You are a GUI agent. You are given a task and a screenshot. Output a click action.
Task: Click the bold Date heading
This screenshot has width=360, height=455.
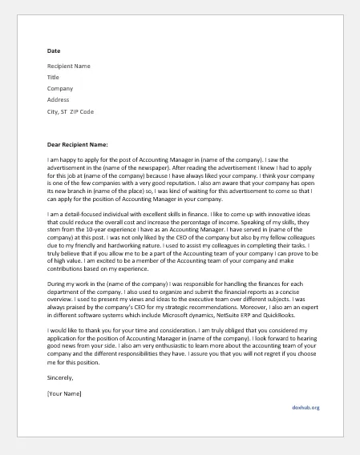click(x=54, y=50)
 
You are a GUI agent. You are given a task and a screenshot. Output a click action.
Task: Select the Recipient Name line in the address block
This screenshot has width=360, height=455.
click(x=68, y=66)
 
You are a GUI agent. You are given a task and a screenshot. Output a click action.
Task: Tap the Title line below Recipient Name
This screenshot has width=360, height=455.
click(x=53, y=77)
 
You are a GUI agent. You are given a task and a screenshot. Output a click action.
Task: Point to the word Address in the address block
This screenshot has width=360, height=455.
click(x=59, y=100)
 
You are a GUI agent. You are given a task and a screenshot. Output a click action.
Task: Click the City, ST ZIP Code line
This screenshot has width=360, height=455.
click(x=71, y=111)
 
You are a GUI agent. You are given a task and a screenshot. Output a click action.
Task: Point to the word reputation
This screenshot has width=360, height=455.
click(x=208, y=184)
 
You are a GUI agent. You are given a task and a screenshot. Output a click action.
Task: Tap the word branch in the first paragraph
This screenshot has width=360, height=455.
click(x=85, y=192)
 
